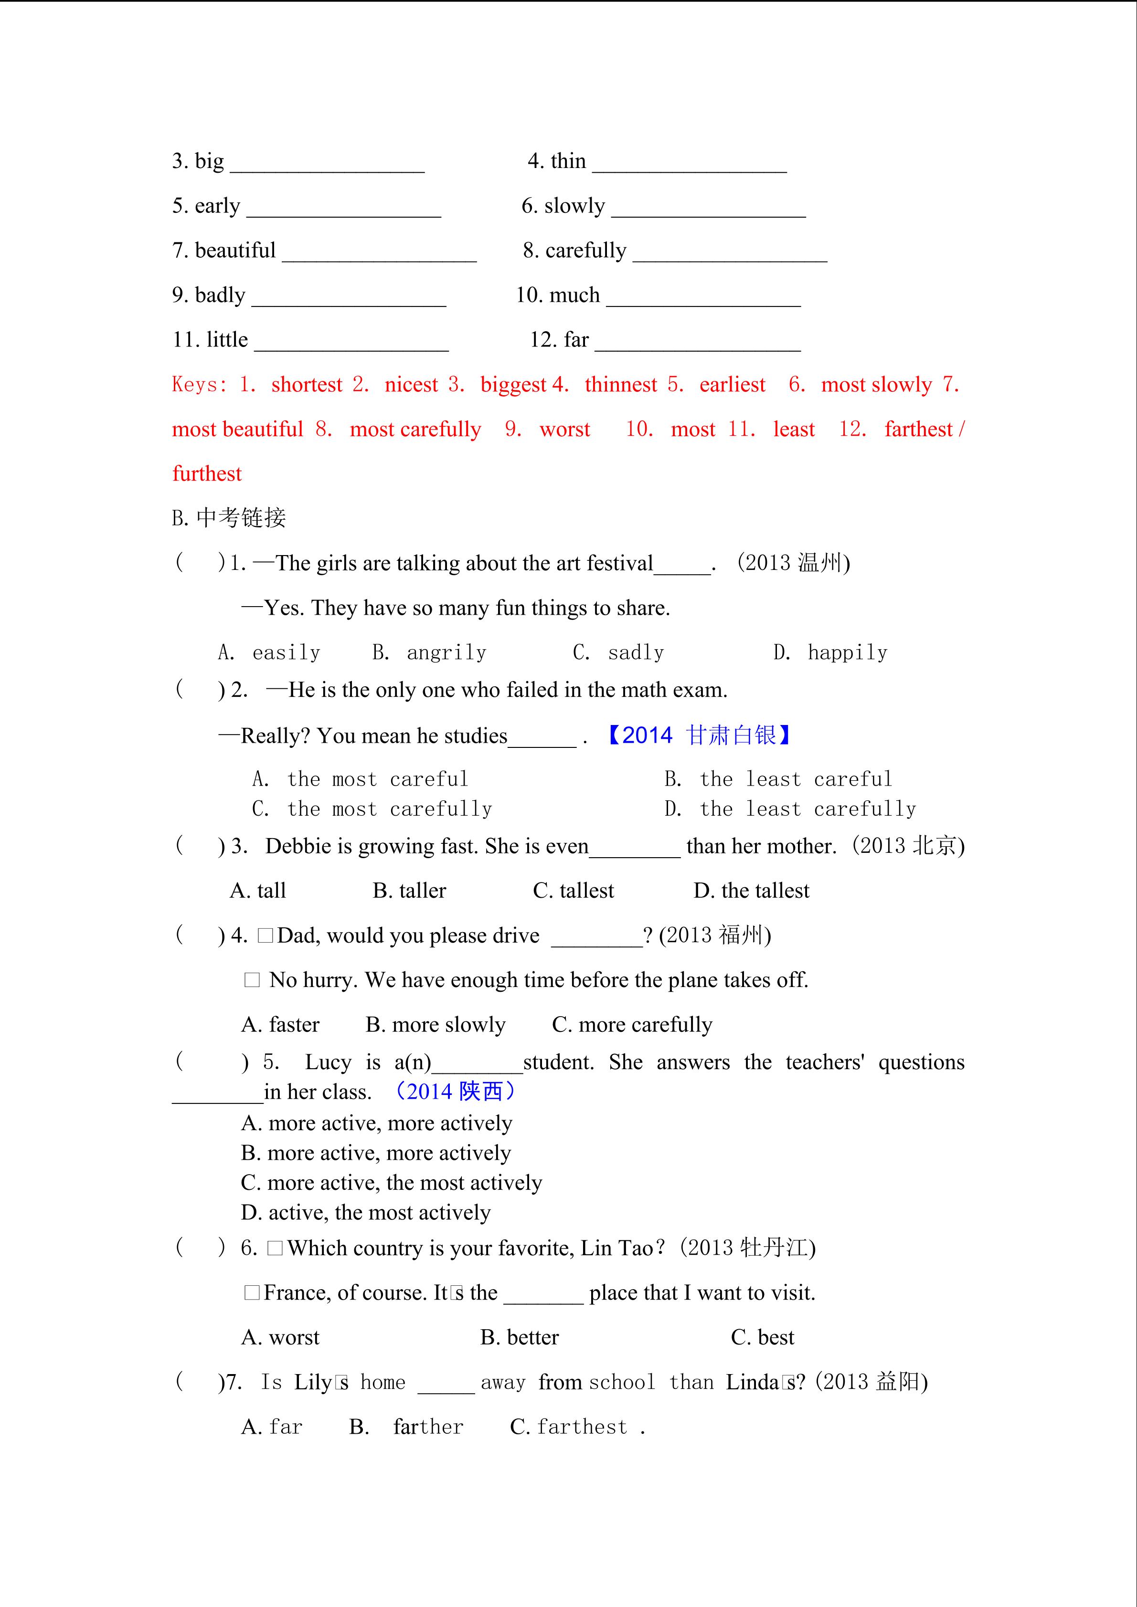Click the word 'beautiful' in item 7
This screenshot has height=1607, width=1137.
(235, 251)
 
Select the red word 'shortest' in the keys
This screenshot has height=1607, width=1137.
(307, 385)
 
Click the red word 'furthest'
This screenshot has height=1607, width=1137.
(207, 474)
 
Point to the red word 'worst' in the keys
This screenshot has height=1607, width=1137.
(564, 430)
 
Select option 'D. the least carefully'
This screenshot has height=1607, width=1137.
(790, 810)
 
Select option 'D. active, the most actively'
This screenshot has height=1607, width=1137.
(365, 1213)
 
